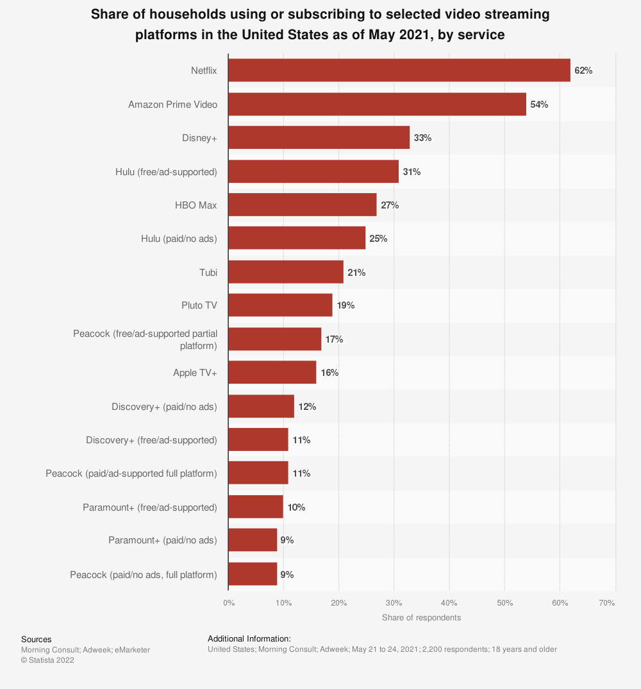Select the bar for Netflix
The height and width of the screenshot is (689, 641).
(x=399, y=71)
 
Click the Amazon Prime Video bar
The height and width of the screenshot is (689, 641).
(x=377, y=104)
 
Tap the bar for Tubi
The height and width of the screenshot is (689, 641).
(x=286, y=272)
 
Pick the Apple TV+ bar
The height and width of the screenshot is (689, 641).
(x=272, y=373)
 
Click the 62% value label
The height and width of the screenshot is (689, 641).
(x=583, y=71)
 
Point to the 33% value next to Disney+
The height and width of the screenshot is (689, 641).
(x=422, y=138)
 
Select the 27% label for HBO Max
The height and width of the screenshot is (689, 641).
(x=390, y=205)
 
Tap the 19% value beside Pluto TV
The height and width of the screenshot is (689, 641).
(x=345, y=305)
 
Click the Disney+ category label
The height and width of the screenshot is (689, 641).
(x=199, y=138)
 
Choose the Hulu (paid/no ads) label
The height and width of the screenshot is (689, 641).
(x=179, y=239)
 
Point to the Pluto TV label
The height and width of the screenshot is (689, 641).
(x=199, y=305)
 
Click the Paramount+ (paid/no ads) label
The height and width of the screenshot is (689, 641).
(x=163, y=540)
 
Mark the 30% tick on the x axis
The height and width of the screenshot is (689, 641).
(x=394, y=603)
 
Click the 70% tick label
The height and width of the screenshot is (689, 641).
(x=607, y=603)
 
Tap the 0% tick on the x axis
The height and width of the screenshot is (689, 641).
(x=229, y=603)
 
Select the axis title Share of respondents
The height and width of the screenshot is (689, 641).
(x=421, y=618)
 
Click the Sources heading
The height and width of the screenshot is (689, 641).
(x=37, y=640)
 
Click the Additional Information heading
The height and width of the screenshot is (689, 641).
(x=249, y=639)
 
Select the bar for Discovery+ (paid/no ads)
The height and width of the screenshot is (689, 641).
(x=261, y=406)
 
